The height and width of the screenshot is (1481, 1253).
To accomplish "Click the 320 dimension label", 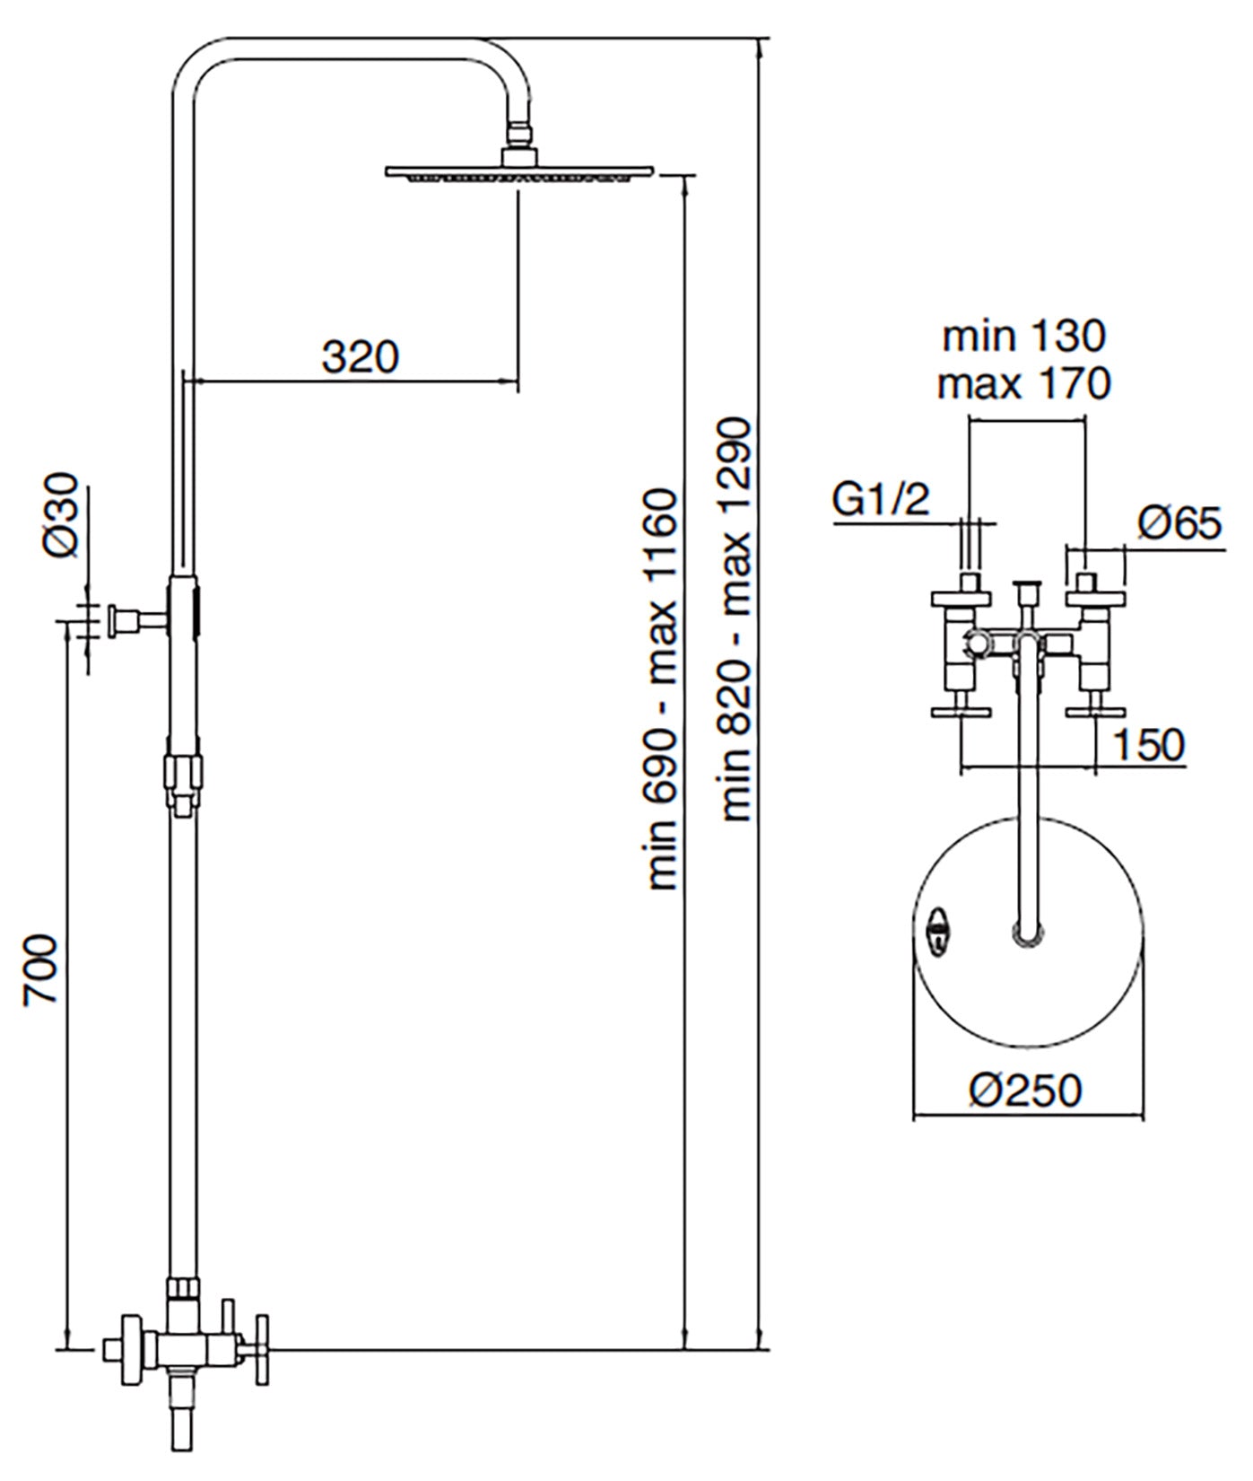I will (359, 357).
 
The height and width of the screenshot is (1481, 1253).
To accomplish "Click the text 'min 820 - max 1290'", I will (738, 619).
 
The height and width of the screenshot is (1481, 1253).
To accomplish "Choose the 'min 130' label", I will (1024, 337).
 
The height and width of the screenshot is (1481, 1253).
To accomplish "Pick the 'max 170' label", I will (1024, 384).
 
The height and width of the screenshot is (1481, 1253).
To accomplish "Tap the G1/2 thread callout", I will (881, 500).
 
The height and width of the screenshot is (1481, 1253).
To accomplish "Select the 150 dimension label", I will (1150, 744).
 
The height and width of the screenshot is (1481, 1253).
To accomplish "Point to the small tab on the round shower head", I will (937, 928).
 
